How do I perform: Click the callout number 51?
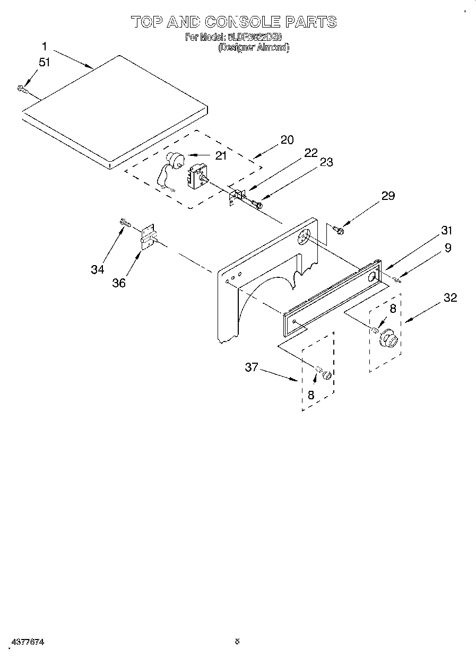click(44, 62)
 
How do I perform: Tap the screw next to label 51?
click(22, 89)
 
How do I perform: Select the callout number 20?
click(287, 140)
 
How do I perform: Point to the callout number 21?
click(220, 155)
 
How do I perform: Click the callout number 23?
click(326, 162)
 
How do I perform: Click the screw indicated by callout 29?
click(337, 230)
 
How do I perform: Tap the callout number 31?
click(446, 230)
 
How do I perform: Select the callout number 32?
click(449, 297)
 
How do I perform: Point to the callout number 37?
click(251, 366)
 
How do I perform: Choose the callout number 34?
click(97, 269)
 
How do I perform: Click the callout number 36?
click(119, 283)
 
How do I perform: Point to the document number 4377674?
click(27, 641)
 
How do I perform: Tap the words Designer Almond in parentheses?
click(254, 48)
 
